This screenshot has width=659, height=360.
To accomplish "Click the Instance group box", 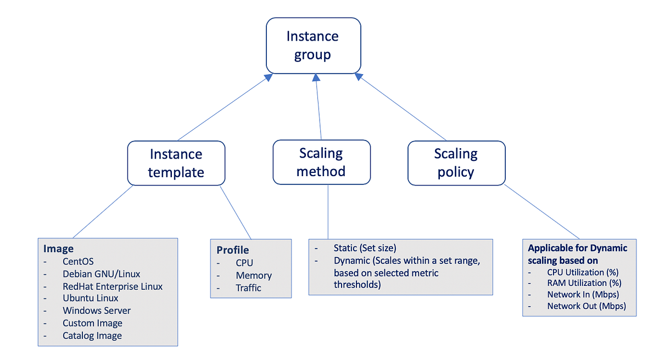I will [313, 45].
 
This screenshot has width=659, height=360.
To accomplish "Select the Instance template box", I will [176, 163].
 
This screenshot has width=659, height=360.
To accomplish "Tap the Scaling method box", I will [321, 162].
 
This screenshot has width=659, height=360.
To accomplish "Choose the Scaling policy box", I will [456, 162].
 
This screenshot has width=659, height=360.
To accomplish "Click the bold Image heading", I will [58, 249].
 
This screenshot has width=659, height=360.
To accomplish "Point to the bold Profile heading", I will [233, 250].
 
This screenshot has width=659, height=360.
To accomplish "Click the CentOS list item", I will [78, 261].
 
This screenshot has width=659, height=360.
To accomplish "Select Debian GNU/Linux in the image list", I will [101, 274].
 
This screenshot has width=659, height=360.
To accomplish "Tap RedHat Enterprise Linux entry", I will [113, 286].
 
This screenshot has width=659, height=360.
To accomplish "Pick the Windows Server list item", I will [97, 311].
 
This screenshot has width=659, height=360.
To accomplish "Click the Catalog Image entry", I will [92, 335].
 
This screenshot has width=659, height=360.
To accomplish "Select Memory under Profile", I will [254, 275].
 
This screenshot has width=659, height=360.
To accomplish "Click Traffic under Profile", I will [248, 288].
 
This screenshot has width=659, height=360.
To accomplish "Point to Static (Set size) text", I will [365, 248].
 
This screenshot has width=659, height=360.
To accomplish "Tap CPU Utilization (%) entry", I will [583, 272].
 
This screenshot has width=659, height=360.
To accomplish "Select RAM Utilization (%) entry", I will [584, 283].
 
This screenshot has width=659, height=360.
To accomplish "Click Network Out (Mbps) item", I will [587, 306].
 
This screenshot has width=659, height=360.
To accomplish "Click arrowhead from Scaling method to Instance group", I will [316, 78].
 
